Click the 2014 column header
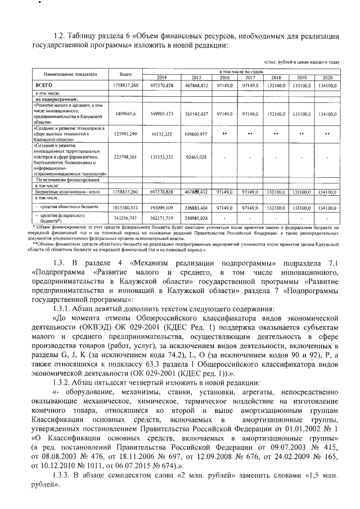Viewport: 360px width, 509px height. click(x=161, y=77)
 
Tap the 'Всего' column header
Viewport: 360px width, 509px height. click(x=125, y=74)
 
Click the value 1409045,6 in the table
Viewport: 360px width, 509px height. click(x=125, y=113)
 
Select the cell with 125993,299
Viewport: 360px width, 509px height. click(x=125, y=135)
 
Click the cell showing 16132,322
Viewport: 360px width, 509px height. click(x=161, y=135)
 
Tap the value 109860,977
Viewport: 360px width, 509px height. click(x=196, y=135)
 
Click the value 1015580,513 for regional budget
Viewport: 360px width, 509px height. click(x=125, y=207)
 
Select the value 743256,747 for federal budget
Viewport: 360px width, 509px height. click(x=125, y=218)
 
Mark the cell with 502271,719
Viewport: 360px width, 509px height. click(x=161, y=218)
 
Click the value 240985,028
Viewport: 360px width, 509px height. click(x=196, y=218)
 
